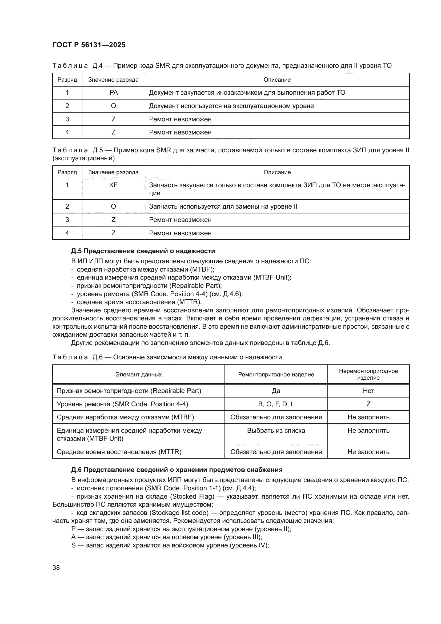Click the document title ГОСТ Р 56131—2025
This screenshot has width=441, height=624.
click(x=89, y=45)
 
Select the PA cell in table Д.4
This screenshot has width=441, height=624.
click(x=114, y=93)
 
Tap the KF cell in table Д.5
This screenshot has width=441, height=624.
click(x=114, y=185)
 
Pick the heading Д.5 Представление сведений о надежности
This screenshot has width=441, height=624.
click(x=143, y=251)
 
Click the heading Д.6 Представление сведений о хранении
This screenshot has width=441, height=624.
click(x=177, y=470)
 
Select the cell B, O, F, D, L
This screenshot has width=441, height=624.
click(x=276, y=404)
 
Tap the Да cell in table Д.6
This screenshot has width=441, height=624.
click(x=276, y=391)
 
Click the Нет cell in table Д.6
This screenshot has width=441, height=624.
click(x=368, y=391)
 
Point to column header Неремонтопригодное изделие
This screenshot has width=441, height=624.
click(x=368, y=374)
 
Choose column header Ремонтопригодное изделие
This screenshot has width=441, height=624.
click(x=276, y=375)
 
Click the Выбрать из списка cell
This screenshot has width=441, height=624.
click(x=276, y=431)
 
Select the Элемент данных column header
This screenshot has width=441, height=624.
click(x=138, y=375)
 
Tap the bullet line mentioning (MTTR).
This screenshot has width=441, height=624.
click(x=139, y=302)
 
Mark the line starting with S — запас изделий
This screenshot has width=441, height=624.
click(x=170, y=546)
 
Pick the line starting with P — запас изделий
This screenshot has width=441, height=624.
click(x=181, y=529)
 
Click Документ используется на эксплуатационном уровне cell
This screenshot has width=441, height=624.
click(x=231, y=106)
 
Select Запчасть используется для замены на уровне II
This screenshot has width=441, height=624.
click(x=223, y=206)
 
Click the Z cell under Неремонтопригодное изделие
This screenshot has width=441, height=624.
click(x=368, y=404)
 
